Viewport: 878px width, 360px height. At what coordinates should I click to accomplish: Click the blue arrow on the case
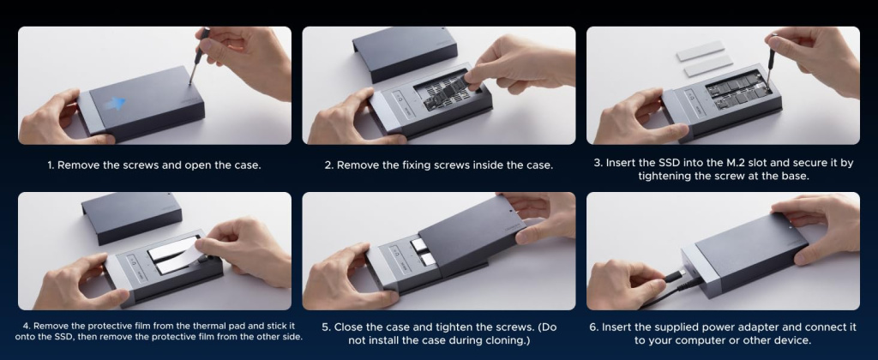115,103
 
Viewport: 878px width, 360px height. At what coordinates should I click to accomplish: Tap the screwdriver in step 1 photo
198,56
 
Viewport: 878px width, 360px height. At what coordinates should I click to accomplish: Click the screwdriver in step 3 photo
773,61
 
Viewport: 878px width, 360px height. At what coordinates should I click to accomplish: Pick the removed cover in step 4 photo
131,217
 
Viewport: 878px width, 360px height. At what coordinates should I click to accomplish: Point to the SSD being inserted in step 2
442,93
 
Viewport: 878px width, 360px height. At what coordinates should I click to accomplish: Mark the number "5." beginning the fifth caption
327,327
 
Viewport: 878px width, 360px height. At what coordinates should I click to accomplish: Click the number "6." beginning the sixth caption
594,327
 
